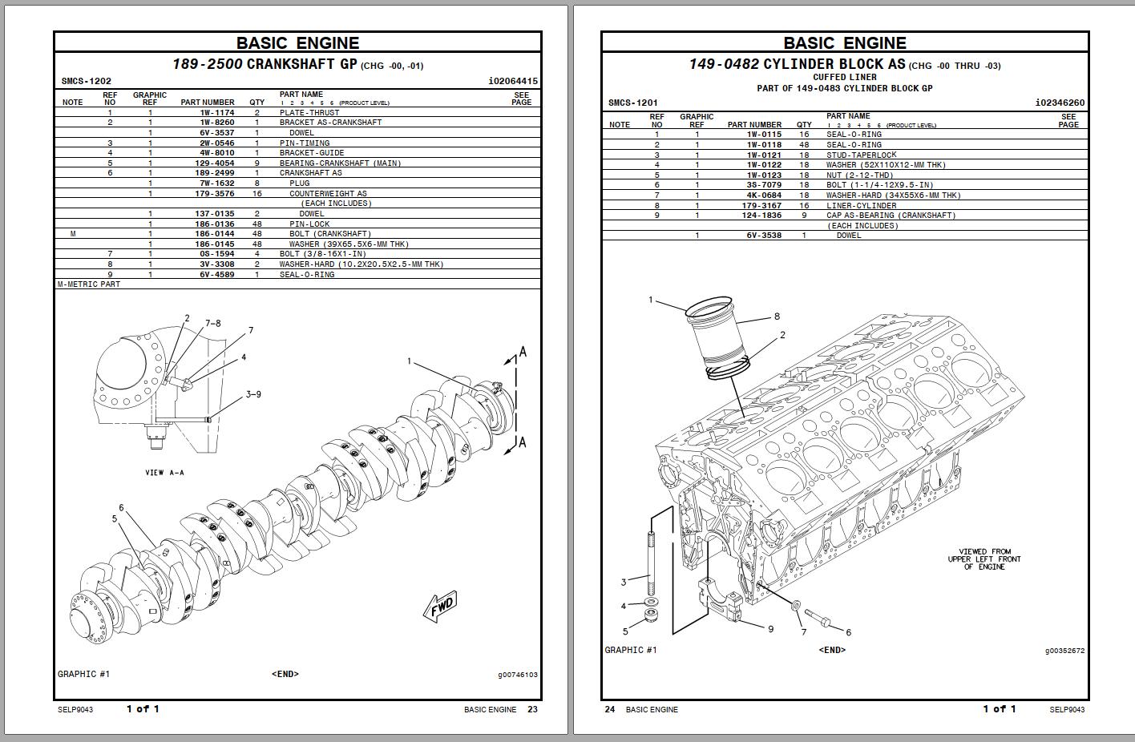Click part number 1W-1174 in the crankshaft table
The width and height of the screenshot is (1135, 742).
216,113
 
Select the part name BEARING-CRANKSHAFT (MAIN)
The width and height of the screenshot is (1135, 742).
340,163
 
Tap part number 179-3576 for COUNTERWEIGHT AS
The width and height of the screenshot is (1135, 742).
214,194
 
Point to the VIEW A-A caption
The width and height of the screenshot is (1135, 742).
164,473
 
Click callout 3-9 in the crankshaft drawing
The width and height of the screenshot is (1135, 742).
253,394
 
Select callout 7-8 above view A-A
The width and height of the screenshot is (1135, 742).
212,324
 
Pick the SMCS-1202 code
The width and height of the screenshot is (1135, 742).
86,82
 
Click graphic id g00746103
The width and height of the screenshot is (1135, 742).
517,675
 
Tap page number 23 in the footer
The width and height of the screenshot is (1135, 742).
533,709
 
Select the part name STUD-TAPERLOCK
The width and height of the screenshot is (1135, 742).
861,155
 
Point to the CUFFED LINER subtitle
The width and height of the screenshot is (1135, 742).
844,78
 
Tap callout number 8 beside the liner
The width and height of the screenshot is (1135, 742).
777,317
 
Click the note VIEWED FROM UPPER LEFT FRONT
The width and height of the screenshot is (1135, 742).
984,559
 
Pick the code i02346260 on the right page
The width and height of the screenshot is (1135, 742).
1060,103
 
